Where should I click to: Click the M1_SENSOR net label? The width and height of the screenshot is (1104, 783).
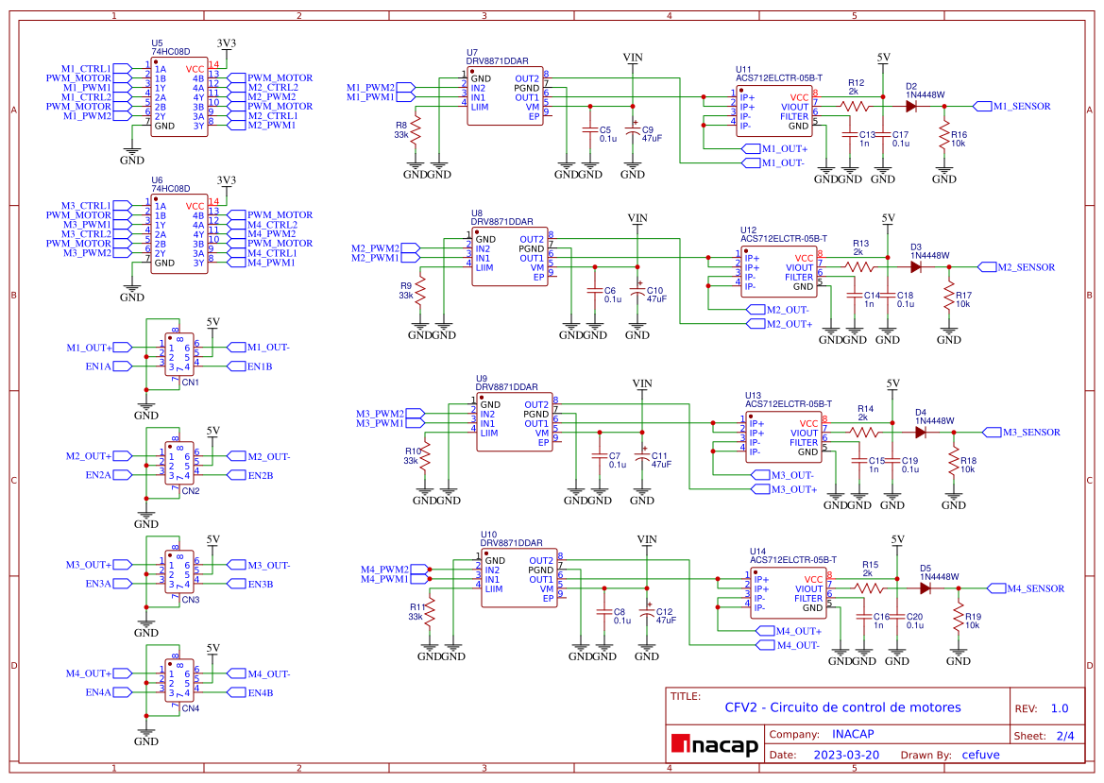(x=1021, y=107)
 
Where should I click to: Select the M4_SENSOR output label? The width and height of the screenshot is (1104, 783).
(x=1035, y=588)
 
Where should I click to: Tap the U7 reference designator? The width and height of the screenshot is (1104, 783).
(x=471, y=52)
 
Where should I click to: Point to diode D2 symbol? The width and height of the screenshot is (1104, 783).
(x=912, y=107)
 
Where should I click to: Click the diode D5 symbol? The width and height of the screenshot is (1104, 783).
(x=926, y=588)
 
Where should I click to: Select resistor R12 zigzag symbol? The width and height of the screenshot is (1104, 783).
(x=856, y=107)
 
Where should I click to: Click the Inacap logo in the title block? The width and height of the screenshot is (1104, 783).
(x=715, y=745)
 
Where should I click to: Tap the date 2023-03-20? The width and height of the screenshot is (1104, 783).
(x=846, y=755)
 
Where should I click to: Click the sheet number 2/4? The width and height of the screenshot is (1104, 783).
(x=1064, y=735)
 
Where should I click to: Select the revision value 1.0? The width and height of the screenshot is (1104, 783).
(x=1060, y=708)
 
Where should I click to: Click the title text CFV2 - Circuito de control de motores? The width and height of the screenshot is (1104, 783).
(x=842, y=707)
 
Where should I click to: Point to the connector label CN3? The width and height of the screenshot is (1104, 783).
(x=191, y=600)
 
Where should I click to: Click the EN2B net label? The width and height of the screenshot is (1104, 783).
(x=260, y=475)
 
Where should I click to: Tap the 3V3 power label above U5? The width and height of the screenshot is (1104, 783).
(x=227, y=43)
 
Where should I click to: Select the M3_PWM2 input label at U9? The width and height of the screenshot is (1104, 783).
(x=380, y=414)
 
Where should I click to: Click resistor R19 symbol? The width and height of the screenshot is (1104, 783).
(x=960, y=620)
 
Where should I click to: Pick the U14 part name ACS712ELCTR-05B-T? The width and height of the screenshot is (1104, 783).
(x=793, y=560)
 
